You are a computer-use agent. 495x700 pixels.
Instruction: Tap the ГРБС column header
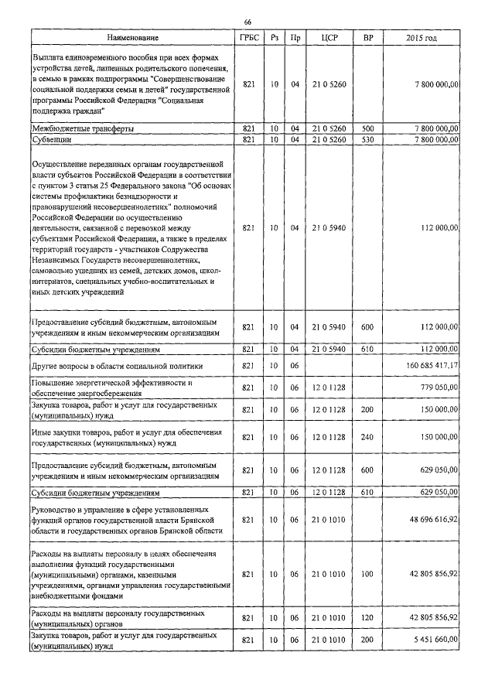(248, 38)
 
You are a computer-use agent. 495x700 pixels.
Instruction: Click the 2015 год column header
(422, 38)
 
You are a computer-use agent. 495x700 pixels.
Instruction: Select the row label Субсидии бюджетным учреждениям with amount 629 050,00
(95, 493)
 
